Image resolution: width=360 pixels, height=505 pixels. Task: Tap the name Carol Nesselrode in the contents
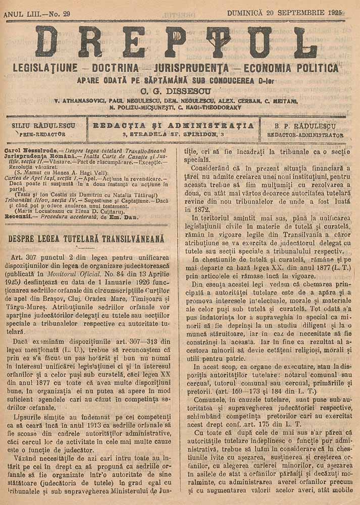click(x=29, y=150)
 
